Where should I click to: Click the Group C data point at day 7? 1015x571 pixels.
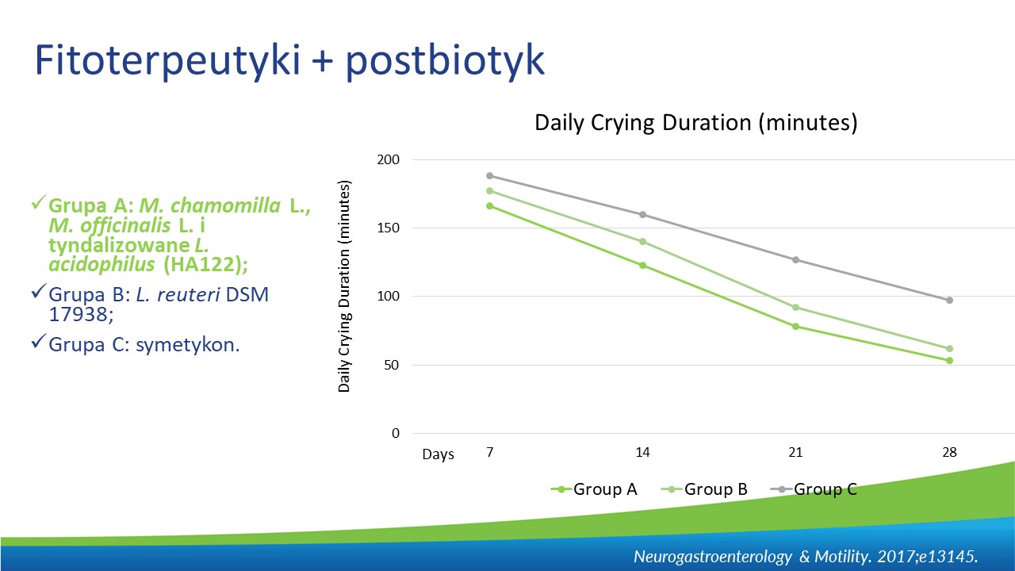490,176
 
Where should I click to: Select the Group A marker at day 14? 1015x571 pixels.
642,265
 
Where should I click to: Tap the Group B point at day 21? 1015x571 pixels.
795,307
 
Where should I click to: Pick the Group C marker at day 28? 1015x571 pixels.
949,300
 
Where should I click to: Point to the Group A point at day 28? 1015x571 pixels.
949,360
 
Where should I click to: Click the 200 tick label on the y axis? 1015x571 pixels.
389,159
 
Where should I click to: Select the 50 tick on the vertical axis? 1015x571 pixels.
392,365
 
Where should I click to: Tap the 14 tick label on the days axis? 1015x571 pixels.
642,452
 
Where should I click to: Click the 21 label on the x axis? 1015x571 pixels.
795,452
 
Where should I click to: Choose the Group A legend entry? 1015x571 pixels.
594,489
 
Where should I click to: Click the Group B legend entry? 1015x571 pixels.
704,489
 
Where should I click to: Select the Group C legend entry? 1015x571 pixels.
814,489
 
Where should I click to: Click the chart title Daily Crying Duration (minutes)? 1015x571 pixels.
696,123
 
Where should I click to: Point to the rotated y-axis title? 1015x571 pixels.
344,286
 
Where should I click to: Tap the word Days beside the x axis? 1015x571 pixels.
439,454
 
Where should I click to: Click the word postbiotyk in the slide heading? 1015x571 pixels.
446,61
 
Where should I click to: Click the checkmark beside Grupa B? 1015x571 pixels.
39,291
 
